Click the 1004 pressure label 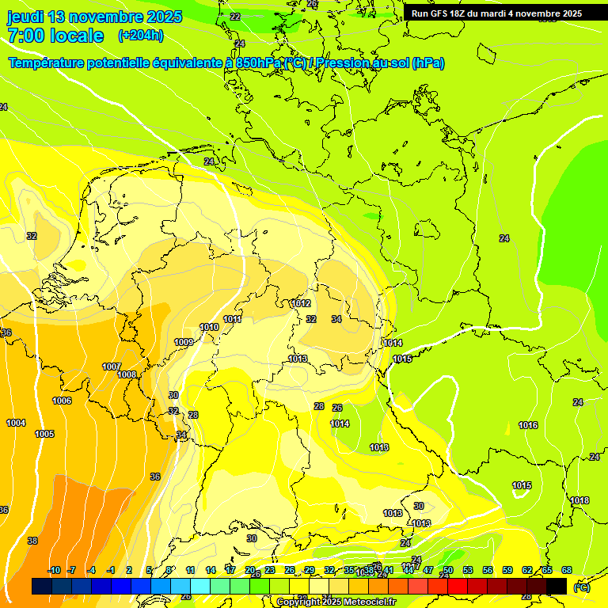(x=16, y=423)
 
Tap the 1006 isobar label (x=62, y=401)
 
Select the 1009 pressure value (x=184, y=342)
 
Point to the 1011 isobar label (x=232, y=319)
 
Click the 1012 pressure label (x=301, y=303)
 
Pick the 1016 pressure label (x=528, y=425)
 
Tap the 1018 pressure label (x=579, y=500)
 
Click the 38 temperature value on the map (x=32, y=541)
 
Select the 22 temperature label (x=235, y=16)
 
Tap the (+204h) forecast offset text (x=140, y=35)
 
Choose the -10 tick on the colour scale (x=55, y=570)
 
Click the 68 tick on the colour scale (x=567, y=570)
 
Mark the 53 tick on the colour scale (x=468, y=570)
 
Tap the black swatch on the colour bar (x=557, y=586)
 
